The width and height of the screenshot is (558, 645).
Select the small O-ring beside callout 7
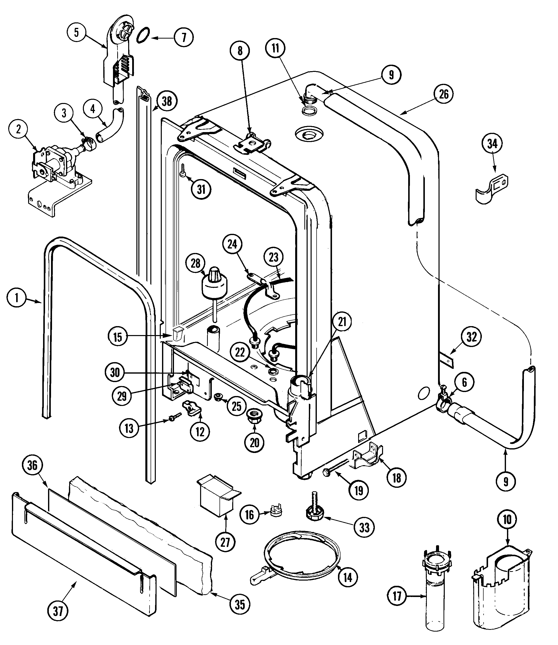click(x=143, y=35)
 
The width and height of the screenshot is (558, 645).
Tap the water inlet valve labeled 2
click(x=57, y=167)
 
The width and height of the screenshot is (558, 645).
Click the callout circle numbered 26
click(x=444, y=94)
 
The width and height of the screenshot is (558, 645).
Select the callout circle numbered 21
click(x=342, y=322)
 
